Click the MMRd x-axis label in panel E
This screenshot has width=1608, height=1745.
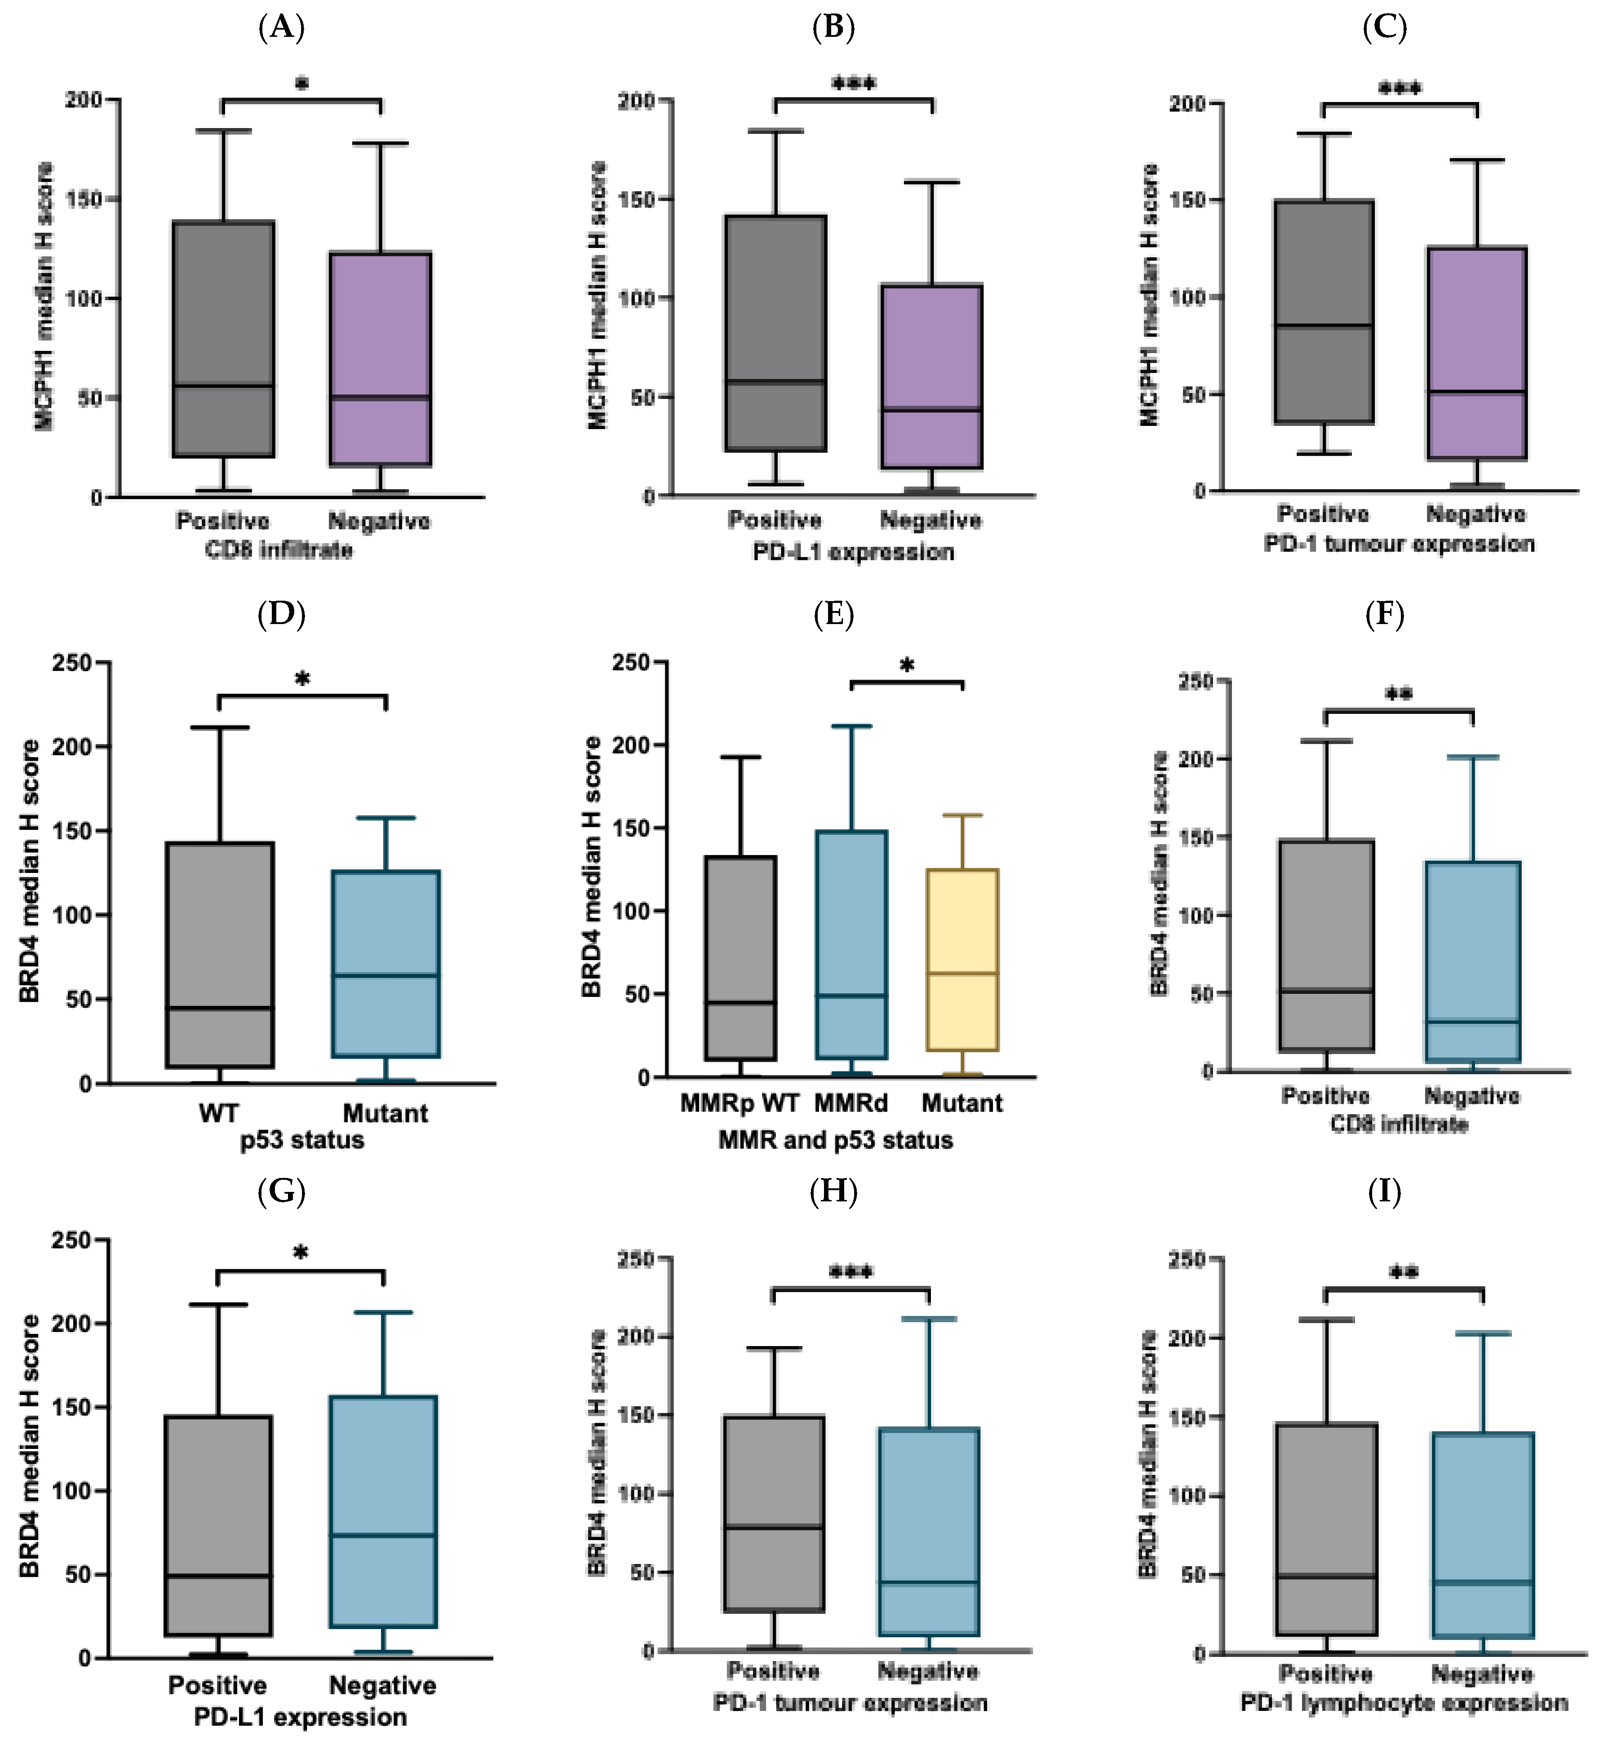pyautogui.click(x=851, y=1103)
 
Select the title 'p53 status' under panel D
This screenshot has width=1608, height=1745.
pyautogui.click(x=302, y=1139)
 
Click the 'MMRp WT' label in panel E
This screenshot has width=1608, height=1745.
pyautogui.click(x=740, y=1103)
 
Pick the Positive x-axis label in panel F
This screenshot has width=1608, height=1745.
pyautogui.click(x=1325, y=1096)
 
